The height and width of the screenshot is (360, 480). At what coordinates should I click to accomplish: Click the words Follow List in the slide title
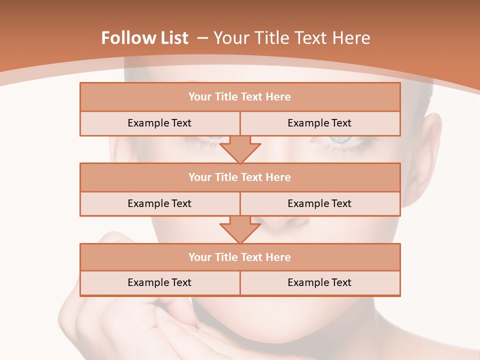tap(144, 38)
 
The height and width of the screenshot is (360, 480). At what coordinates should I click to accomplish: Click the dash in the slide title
tap(202, 38)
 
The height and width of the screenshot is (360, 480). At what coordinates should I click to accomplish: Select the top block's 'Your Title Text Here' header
tap(239, 97)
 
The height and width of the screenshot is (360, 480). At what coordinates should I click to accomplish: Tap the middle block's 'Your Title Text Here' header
tap(239, 177)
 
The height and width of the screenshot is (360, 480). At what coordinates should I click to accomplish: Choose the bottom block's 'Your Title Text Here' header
tap(239, 257)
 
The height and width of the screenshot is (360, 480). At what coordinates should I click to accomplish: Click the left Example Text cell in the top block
tap(159, 123)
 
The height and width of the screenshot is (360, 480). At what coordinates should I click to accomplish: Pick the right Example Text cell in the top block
tap(319, 123)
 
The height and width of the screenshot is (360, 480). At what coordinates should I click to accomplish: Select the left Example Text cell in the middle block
tap(159, 203)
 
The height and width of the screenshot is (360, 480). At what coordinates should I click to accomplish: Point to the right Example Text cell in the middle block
tap(319, 203)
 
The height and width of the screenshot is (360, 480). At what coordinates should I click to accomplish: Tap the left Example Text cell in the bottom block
tap(159, 282)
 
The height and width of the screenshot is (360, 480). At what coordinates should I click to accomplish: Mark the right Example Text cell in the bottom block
tap(319, 282)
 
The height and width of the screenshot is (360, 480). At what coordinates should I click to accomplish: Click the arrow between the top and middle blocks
tap(240, 149)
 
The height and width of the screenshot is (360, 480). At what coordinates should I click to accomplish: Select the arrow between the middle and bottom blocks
tap(240, 229)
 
